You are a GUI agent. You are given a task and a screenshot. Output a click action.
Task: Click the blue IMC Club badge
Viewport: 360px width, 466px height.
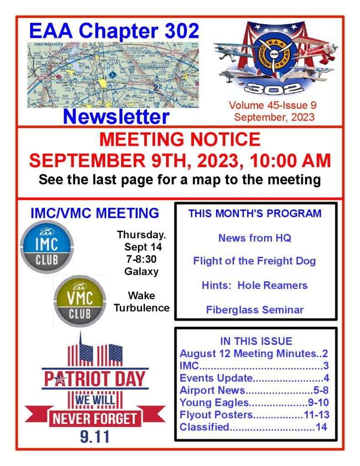[47, 247]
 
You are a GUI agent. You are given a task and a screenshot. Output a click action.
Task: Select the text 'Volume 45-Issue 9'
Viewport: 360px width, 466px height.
[273, 106]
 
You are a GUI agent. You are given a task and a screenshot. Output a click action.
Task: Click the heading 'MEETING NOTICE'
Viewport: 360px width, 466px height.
[180, 139]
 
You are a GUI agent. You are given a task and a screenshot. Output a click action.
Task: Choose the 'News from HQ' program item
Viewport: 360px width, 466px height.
[254, 238]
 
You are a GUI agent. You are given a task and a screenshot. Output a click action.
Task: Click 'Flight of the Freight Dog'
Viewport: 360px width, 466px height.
[254, 261]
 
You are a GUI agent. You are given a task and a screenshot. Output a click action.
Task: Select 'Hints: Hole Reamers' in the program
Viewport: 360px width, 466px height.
[254, 286]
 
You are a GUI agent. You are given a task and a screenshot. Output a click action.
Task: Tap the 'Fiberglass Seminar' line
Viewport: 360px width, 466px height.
[254, 310]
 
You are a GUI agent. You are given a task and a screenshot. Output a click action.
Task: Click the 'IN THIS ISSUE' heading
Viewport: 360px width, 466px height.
[256, 341]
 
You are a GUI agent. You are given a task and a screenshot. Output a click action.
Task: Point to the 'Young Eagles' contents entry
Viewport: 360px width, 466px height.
[214, 402]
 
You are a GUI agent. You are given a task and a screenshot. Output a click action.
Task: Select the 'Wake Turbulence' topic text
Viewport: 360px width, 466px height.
[142, 302]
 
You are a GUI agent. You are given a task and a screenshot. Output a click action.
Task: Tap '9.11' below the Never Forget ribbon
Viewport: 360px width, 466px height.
[95, 436]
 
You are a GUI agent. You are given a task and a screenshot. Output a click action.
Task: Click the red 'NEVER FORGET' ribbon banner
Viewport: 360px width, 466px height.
[95, 417]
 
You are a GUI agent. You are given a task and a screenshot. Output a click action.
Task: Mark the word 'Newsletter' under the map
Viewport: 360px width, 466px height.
[116, 116]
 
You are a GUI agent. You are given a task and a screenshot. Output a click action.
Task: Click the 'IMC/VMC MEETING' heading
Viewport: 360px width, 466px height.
[95, 213]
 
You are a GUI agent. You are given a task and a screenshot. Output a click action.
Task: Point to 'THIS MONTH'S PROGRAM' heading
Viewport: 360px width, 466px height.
[255, 213]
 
